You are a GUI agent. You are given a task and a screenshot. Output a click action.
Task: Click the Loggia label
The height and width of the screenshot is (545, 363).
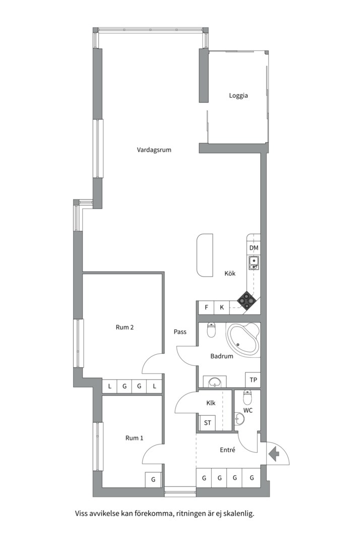coord(238,95)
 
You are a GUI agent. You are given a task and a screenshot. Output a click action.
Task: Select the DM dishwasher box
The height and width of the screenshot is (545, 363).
coord(254,248)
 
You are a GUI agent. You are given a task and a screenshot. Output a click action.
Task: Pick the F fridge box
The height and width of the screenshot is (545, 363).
coord(206,307)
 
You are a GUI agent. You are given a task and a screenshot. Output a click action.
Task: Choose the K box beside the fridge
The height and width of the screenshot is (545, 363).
coord(221,307)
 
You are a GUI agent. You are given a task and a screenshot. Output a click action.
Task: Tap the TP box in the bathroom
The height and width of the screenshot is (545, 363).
coord(253,380)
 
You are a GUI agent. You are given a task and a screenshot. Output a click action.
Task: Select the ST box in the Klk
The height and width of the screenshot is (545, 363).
coord(207,423)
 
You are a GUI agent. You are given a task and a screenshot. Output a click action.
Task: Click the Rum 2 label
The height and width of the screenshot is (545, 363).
coord(125,327)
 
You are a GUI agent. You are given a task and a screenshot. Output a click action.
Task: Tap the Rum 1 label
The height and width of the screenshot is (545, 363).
coord(134,438)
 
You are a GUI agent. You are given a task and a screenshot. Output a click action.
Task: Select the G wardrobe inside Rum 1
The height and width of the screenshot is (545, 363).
coord(153,479)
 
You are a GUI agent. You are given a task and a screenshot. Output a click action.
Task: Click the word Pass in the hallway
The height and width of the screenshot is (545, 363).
coord(180,332)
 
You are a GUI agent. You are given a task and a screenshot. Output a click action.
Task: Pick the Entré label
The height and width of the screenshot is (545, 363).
coord(228,450)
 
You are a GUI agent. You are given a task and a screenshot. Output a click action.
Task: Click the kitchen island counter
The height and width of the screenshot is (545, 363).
coord(205,255)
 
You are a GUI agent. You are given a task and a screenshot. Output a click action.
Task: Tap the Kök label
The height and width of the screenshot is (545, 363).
coord(230,274)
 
